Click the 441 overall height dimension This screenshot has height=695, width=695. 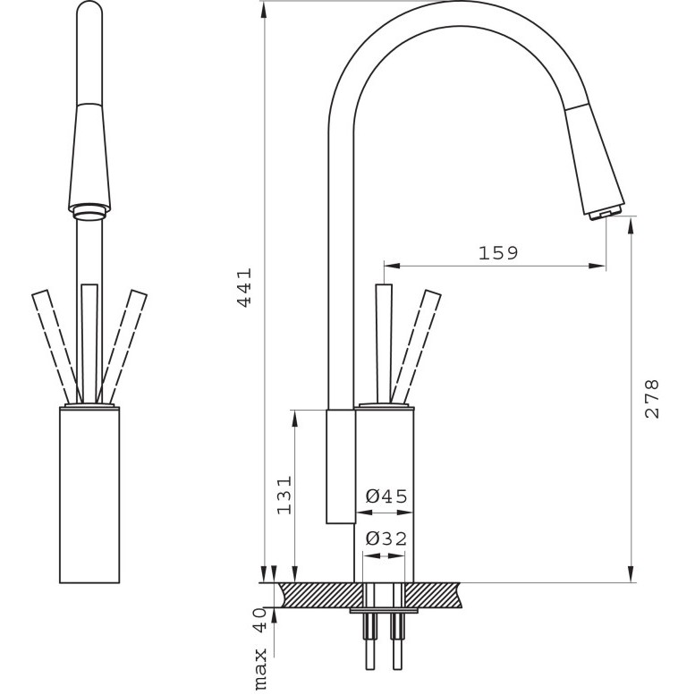(245, 287)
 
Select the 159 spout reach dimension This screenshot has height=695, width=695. (498, 253)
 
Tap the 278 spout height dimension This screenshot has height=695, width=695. (652, 398)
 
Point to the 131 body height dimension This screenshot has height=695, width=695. (284, 496)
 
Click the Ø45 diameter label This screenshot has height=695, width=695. (386, 496)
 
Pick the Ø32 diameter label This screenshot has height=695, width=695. (386, 539)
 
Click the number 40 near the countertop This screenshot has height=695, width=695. (259, 620)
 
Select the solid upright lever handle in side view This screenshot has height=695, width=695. (384, 343)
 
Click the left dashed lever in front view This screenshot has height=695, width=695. (56, 347)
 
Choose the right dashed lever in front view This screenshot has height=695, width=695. (122, 347)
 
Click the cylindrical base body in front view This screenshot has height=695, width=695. (89, 495)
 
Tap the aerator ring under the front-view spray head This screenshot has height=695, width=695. (90, 212)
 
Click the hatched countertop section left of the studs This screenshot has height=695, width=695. (320, 596)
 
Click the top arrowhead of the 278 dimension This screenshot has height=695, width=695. (631, 225)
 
